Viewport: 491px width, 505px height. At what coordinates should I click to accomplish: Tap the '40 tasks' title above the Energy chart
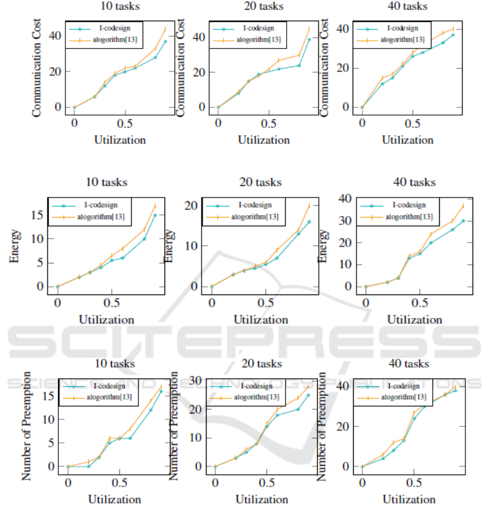408,182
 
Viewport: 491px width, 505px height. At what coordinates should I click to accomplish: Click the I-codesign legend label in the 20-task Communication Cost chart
256,28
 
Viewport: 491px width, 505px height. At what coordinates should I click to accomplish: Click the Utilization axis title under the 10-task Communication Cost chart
120,140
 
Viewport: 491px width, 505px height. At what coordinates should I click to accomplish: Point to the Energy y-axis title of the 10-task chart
15,247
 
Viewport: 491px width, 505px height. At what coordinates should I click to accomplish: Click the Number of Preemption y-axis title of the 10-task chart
26,427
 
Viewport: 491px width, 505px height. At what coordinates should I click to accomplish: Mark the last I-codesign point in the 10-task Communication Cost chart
165,41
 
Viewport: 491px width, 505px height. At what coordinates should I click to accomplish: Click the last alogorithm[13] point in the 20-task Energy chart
309,206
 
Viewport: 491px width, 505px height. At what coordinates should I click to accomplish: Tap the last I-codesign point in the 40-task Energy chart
463,221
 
